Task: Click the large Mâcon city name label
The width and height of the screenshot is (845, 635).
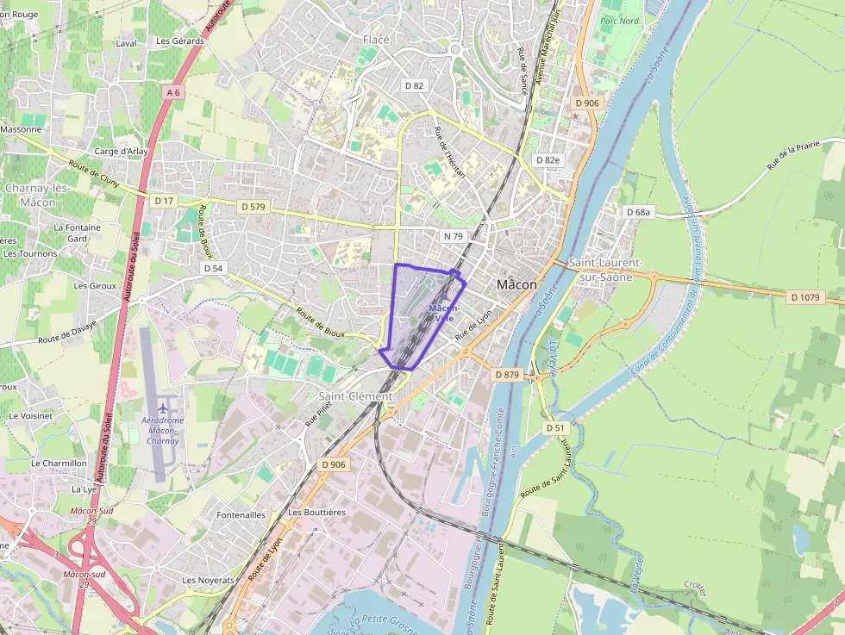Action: tap(516, 284)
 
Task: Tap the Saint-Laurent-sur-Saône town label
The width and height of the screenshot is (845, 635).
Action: tap(604, 270)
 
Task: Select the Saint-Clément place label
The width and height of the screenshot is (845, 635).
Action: tap(354, 396)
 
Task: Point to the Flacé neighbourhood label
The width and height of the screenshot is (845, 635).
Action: tap(376, 40)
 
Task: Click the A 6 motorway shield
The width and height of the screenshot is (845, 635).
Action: tap(174, 92)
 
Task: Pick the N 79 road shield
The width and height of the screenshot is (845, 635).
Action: tap(453, 236)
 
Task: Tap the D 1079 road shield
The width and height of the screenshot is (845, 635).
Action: tap(805, 297)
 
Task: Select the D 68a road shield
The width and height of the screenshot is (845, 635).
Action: tap(639, 212)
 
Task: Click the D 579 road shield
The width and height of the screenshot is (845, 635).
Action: tap(253, 207)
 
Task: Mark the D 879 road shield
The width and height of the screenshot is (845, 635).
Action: tap(507, 375)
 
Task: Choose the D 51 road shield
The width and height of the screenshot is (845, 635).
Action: tap(554, 427)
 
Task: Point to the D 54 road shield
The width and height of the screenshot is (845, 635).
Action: tap(214, 269)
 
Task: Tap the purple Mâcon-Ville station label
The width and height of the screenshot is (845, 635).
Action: tap(444, 313)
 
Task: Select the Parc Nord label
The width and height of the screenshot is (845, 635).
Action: tap(619, 21)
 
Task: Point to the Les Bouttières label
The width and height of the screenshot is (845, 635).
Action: tap(316, 512)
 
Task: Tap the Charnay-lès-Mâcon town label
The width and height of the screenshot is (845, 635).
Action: tap(30, 195)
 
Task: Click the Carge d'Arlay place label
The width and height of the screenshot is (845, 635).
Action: tap(121, 152)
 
